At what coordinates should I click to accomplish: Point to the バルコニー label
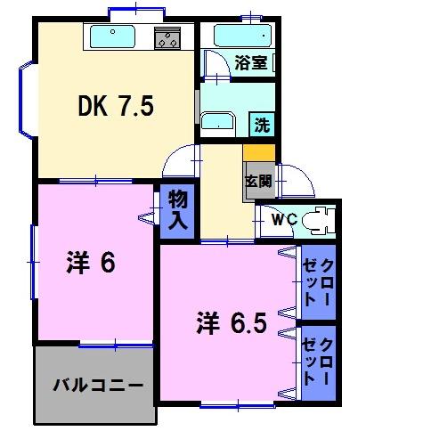pyautogui.click(x=96, y=386)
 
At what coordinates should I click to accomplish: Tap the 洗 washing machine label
pyautogui.click(x=262, y=125)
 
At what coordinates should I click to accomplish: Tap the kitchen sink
pyautogui.click(x=112, y=38)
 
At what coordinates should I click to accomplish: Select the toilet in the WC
pyautogui.click(x=315, y=219)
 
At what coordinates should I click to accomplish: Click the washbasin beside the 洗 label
pyautogui.click(x=216, y=122)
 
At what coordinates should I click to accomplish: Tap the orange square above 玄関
pyautogui.click(x=256, y=152)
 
